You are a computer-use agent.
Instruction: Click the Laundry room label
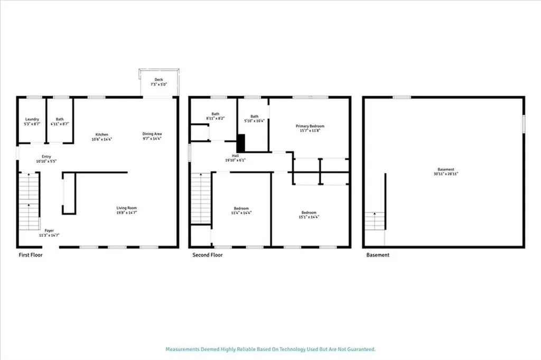pyautogui.click(x=32, y=119)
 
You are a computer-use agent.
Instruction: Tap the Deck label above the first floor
pyautogui.click(x=158, y=79)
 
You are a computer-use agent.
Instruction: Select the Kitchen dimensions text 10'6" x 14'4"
pyautogui.click(x=102, y=139)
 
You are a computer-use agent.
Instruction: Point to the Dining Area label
pyautogui.click(x=152, y=134)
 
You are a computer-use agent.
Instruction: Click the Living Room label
pyautogui.click(x=127, y=208)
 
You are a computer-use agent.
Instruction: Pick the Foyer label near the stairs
pyautogui.click(x=49, y=230)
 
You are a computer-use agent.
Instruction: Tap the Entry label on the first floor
pyautogui.click(x=46, y=156)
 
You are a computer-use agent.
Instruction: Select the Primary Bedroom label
pyautogui.click(x=310, y=126)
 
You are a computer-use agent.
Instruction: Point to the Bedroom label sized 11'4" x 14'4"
pyautogui.click(x=241, y=208)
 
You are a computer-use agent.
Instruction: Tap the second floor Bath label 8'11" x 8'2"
pyautogui.click(x=216, y=114)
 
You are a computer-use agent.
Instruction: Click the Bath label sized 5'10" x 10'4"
pyautogui.click(x=255, y=116)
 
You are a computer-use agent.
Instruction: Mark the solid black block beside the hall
pyautogui.click(x=241, y=143)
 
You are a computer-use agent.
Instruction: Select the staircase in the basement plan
pyautogui.click(x=375, y=220)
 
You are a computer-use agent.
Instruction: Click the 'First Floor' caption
pyautogui.click(x=30, y=255)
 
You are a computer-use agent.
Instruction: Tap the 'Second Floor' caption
pyautogui.click(x=208, y=255)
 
